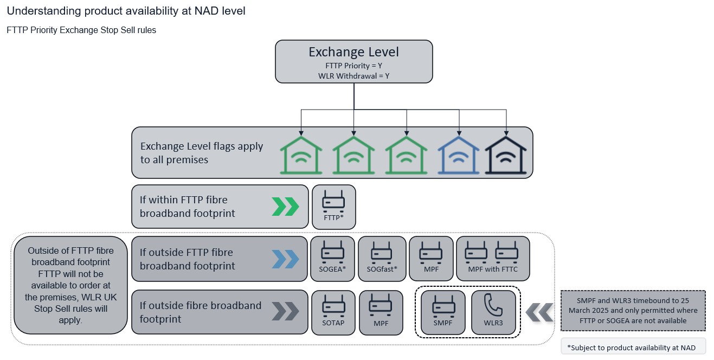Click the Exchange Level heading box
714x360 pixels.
pos(354,62)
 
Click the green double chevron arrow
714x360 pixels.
pos(285,207)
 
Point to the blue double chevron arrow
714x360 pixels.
pos(285,259)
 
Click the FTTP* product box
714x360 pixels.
pos(334,207)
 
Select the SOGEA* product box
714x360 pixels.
pos(332,259)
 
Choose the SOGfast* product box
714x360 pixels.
pos(382,259)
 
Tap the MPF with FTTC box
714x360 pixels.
pos(493,259)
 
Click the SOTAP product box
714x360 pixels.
pos(333,312)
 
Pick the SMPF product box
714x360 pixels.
pos(443,312)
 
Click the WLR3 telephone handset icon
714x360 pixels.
pos(493,305)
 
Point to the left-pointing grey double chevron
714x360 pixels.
pos(539,312)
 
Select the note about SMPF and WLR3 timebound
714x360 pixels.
pos(633,311)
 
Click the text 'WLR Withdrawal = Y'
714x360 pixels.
pos(354,76)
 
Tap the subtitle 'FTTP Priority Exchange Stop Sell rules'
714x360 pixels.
pos(81,30)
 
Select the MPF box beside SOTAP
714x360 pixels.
pos(381,312)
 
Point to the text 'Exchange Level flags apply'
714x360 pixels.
pos(202,146)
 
